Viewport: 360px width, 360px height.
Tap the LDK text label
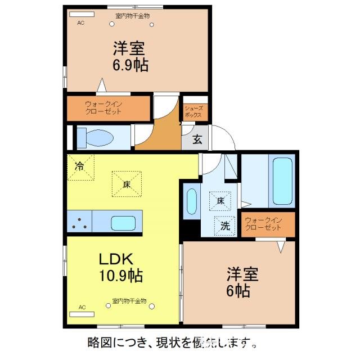pyautogui.click(x=116, y=260)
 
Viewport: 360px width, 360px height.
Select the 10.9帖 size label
pyautogui.click(x=120, y=276)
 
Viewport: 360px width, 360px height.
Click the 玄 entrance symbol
pyautogui.click(x=197, y=140)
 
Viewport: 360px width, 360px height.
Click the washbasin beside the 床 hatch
pyautogui.click(x=191, y=201)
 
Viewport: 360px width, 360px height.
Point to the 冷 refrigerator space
pyautogui.click(x=80, y=166)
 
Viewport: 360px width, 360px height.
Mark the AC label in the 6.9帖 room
pyautogui.click(x=80, y=23)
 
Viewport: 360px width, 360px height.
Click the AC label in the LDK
pyautogui.click(x=82, y=307)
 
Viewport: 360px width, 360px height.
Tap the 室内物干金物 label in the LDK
pyautogui.click(x=129, y=301)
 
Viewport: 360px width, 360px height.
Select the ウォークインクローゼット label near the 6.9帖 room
pyautogui.click(x=103, y=107)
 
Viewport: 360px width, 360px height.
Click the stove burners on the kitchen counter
pyautogui.click(x=79, y=223)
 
